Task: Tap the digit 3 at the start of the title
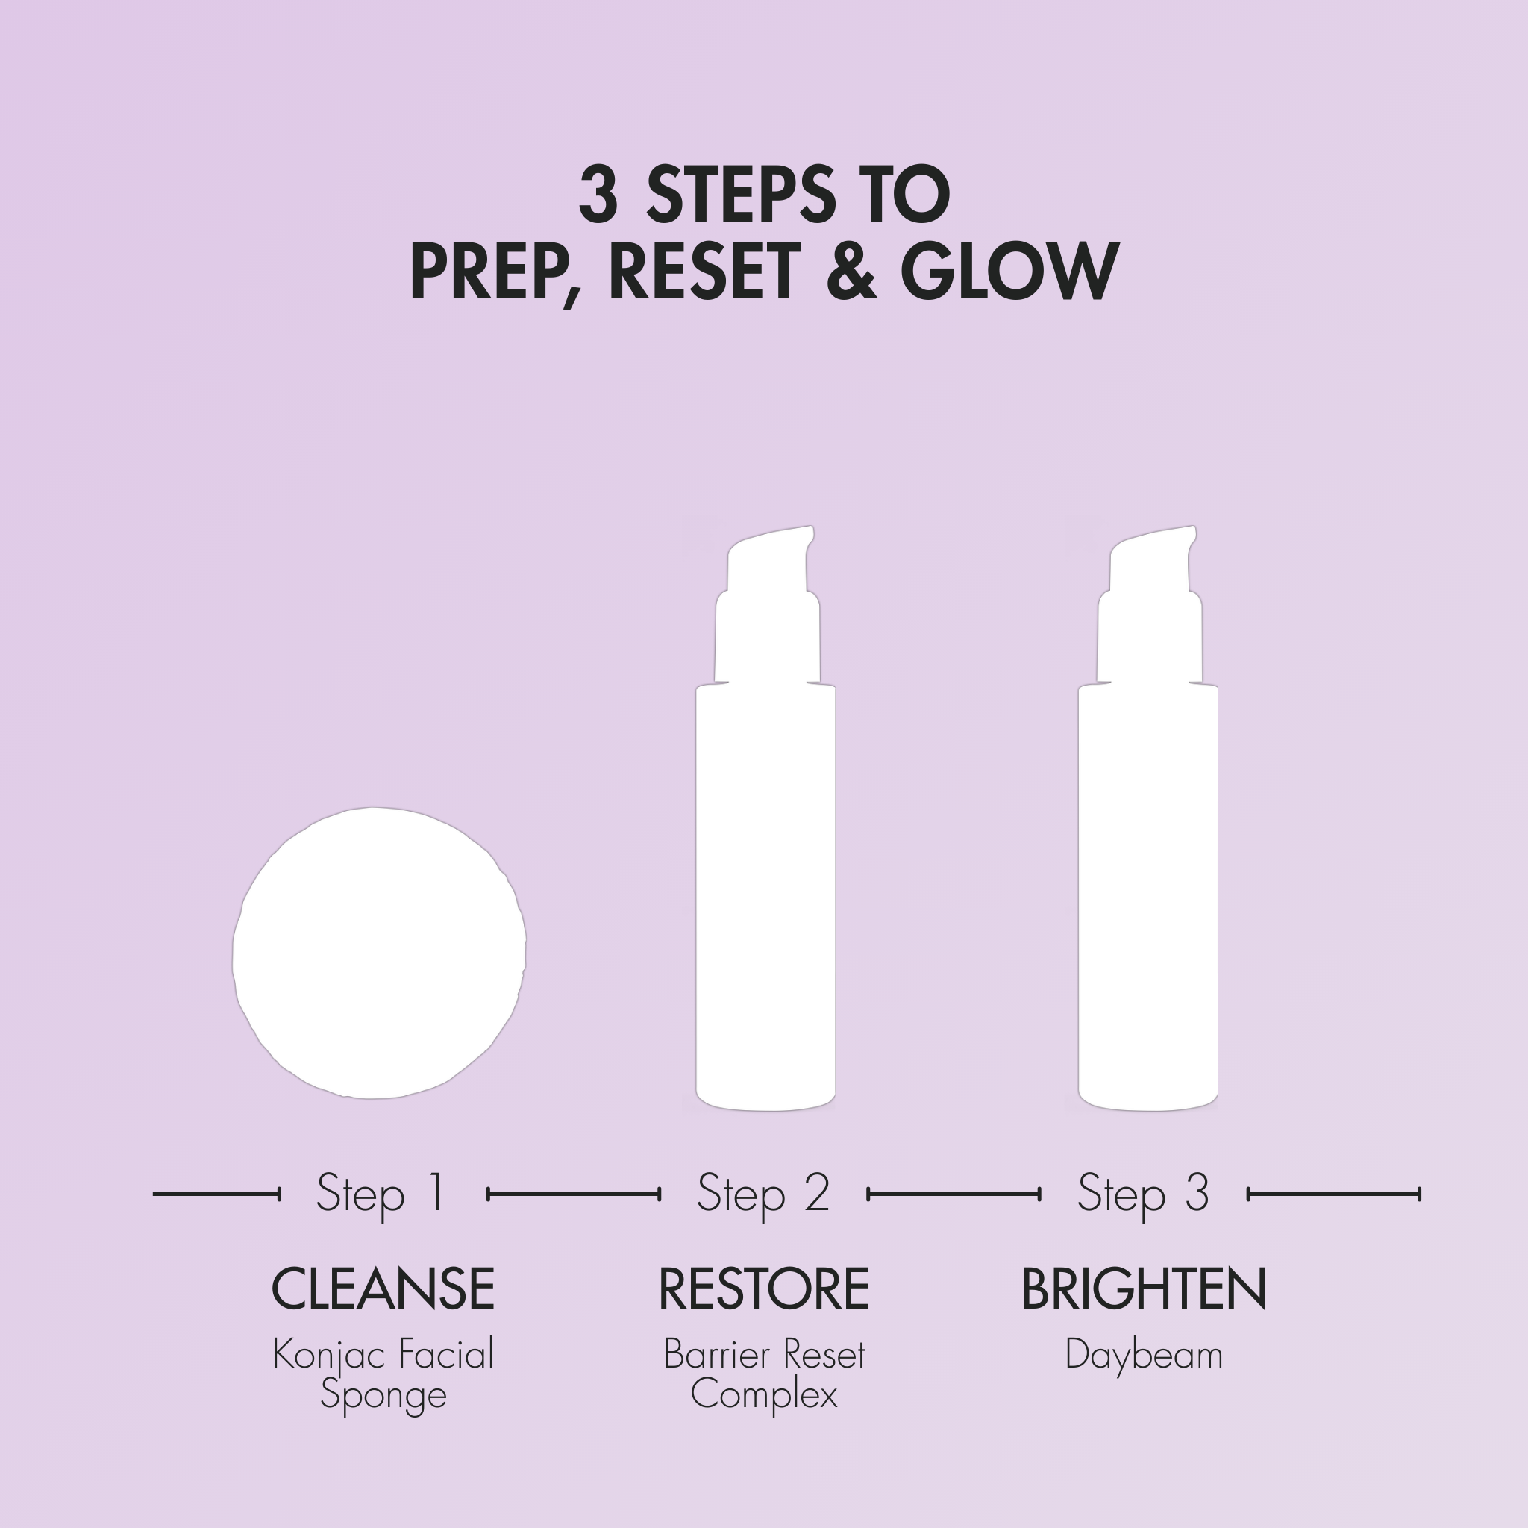[598, 195]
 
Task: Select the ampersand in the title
[851, 272]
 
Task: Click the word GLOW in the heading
[1009, 272]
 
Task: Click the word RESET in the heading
[704, 272]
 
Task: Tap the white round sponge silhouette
[379, 953]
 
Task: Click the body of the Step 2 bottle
[765, 897]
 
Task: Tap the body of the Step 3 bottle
[1148, 897]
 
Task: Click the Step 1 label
[381, 1194]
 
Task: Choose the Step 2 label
[763, 1194]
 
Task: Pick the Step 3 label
[1144, 1194]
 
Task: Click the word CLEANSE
[383, 1289]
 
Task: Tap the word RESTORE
[764, 1289]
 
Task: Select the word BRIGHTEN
[1145, 1289]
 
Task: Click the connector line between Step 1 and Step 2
[574, 1194]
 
